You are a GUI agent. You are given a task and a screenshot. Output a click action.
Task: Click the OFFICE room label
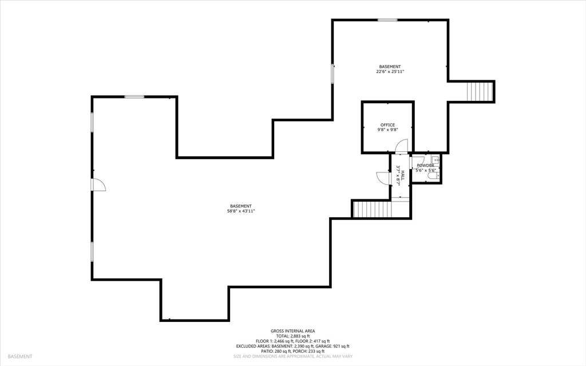coord(387,125)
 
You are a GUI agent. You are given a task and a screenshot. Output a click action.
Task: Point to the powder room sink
coord(435,160)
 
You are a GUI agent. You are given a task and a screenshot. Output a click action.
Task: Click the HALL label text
coord(402,175)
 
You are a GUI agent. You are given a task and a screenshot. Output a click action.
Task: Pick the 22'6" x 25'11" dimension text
coord(390,72)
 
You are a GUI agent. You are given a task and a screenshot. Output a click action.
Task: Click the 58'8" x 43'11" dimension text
coord(241,211)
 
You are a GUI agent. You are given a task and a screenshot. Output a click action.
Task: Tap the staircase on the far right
coord(480,92)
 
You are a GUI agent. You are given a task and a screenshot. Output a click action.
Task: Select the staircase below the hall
coord(372,209)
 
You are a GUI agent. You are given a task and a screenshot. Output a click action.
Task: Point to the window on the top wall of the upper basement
coord(387,20)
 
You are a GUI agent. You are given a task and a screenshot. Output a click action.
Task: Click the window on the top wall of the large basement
coord(134,97)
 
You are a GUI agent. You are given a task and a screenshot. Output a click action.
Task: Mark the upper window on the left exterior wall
coord(92,122)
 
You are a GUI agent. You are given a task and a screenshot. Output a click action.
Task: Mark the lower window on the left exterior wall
coord(92,251)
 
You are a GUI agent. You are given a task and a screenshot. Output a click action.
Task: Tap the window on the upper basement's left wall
coord(332,73)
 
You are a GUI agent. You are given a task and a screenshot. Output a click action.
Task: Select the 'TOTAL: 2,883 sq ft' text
coord(292,336)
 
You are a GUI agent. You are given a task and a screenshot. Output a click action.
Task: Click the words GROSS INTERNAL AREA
coord(292,331)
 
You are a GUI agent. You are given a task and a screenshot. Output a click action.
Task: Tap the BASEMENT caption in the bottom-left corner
coord(20,357)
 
